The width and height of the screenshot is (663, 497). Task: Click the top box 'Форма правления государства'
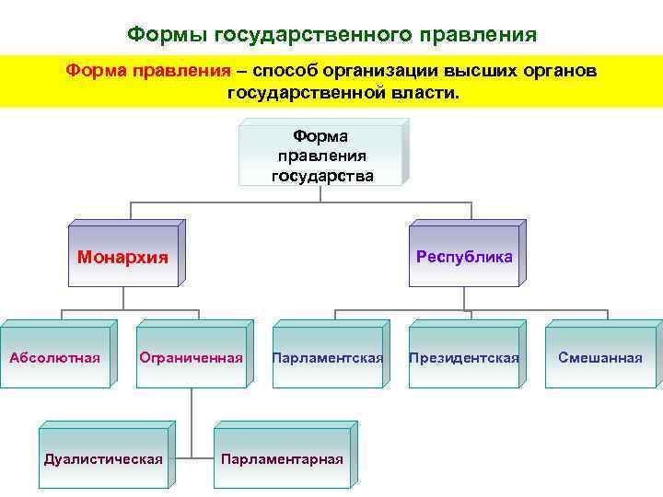(320, 156)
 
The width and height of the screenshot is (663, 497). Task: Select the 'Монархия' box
(122, 257)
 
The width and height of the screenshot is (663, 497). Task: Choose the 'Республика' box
(463, 257)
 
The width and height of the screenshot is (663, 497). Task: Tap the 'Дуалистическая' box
(103, 458)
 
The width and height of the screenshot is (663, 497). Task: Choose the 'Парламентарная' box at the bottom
(282, 458)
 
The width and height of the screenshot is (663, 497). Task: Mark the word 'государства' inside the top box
(322, 175)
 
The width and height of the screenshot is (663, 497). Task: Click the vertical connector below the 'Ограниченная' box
(192, 419)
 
